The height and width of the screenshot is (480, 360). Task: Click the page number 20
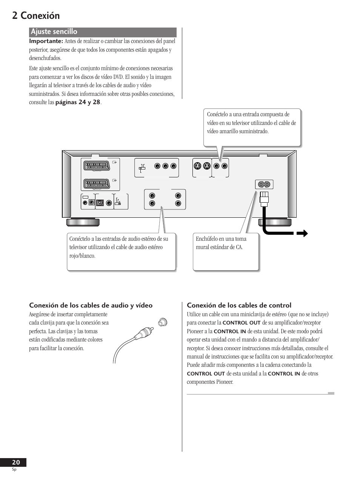(16, 462)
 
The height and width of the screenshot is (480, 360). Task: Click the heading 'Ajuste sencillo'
(54, 32)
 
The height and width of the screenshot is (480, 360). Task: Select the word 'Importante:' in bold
(46, 41)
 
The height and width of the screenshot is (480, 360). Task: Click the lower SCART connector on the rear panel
(96, 184)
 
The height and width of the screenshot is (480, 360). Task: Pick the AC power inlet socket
(264, 185)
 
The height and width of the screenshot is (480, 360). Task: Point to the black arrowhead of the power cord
(303, 234)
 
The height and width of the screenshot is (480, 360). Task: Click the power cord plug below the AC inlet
(264, 198)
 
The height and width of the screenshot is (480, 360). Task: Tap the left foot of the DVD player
(83, 222)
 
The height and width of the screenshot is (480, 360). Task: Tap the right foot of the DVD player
(275, 222)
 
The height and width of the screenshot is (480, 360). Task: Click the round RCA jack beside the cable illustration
(163, 322)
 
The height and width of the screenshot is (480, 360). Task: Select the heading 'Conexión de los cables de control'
(239, 305)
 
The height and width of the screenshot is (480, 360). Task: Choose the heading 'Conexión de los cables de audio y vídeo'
(91, 305)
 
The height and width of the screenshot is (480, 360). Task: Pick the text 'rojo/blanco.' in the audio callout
(82, 256)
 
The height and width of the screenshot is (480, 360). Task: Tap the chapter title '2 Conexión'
(36, 15)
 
